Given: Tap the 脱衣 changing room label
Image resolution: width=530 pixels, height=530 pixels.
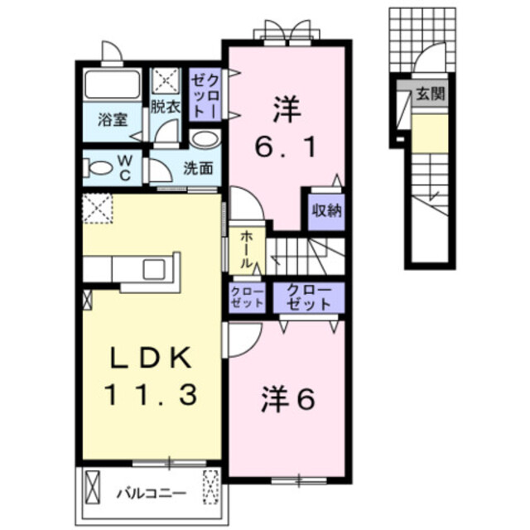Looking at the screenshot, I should click(166, 107).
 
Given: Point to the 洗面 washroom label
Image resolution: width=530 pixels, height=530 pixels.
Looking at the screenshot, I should click(198, 167).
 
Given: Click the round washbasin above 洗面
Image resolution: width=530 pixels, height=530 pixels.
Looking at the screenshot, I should click(204, 138).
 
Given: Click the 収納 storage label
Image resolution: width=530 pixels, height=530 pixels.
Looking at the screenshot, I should click(325, 210).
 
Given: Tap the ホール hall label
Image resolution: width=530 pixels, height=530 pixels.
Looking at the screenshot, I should click(247, 248).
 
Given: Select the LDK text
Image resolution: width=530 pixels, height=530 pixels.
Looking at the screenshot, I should click(151, 358).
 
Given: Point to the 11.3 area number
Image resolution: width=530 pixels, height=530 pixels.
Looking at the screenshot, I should click(151, 395).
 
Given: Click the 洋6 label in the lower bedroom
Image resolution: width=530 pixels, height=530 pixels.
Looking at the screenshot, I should click(287, 401).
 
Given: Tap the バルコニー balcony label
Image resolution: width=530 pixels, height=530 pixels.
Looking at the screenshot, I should click(150, 494).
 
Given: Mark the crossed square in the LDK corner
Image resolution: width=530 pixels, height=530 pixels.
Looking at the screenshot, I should click(97, 207).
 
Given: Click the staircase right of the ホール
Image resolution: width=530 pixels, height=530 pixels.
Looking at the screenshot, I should click(306, 250).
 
